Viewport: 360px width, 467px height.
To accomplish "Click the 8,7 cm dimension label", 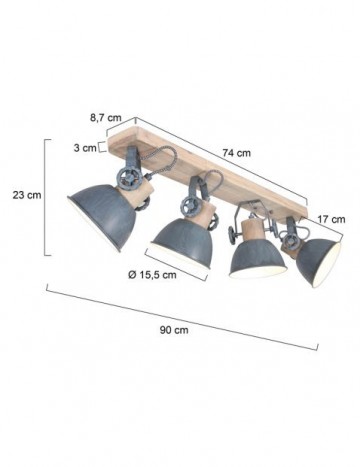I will (102, 117).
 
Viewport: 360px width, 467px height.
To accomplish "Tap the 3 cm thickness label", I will (84, 149).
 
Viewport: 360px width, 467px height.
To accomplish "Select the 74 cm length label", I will (237, 153).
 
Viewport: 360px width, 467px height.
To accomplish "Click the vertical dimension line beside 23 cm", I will (47, 196).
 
